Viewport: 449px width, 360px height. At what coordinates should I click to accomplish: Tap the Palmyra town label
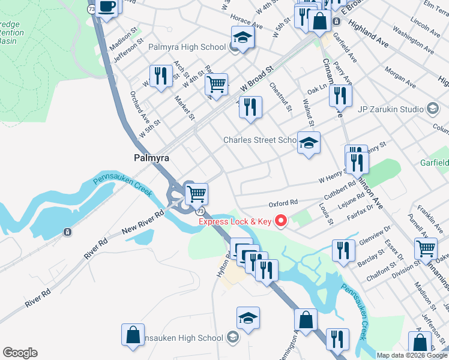point(151,158)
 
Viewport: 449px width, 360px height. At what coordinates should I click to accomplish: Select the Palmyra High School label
point(187,46)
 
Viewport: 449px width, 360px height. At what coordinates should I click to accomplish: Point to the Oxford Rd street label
point(283,203)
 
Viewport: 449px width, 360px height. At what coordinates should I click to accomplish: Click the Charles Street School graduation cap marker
point(309,143)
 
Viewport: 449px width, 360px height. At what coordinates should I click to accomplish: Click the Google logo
point(20,353)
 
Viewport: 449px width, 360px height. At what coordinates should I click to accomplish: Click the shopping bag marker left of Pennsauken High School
point(133,335)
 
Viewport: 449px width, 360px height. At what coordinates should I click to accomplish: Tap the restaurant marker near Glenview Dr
point(343,251)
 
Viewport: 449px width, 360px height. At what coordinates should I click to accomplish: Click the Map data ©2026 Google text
point(411,355)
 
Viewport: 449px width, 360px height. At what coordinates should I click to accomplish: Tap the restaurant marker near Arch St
point(160,76)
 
